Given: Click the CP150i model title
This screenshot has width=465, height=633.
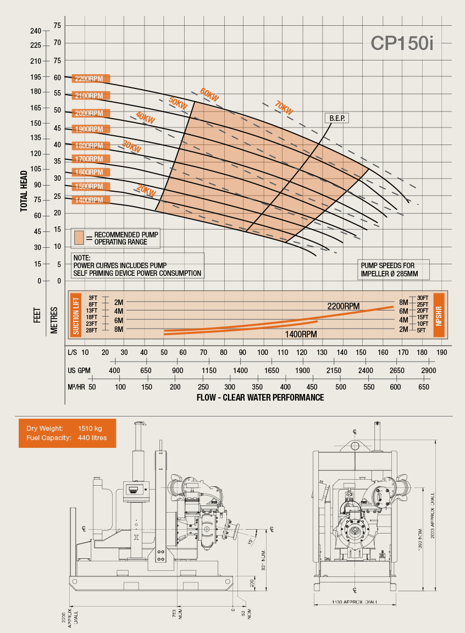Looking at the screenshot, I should (x=402, y=43).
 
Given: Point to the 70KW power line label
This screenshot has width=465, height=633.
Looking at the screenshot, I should (x=284, y=108).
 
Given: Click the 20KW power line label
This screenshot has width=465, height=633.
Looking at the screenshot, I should (x=146, y=191).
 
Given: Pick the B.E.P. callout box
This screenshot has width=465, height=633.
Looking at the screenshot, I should (x=336, y=118).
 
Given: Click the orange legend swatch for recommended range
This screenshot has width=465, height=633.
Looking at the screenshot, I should (x=80, y=237).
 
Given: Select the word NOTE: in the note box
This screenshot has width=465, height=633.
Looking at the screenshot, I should (x=81, y=258).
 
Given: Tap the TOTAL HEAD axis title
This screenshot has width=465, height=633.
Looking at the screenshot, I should (x=24, y=191).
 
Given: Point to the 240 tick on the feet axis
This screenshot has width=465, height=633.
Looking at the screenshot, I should (x=36, y=30).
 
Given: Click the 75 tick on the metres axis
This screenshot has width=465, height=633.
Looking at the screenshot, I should (x=57, y=26).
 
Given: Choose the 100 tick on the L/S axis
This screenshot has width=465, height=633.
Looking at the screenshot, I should (x=263, y=352).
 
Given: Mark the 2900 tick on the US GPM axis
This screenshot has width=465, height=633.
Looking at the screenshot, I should (x=429, y=371).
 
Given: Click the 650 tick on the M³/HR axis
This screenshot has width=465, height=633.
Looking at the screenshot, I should (x=424, y=387).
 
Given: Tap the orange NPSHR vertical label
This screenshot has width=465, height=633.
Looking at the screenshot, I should (x=439, y=314).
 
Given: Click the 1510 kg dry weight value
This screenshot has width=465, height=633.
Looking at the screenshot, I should (x=90, y=428).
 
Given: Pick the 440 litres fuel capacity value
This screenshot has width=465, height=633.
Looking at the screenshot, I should (x=92, y=437).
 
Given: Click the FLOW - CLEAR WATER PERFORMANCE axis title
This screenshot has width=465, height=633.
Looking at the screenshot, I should (x=260, y=397).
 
